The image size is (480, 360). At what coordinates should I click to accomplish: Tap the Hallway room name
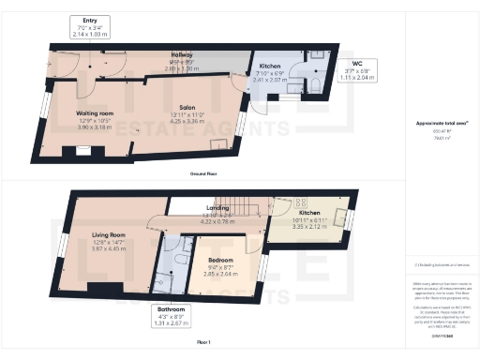[x=181, y=56]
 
